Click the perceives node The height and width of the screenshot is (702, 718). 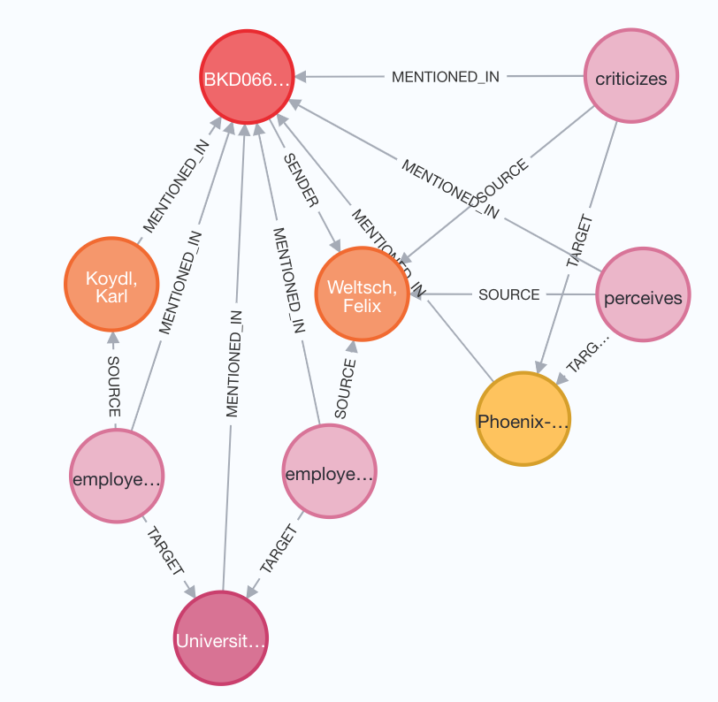click(x=643, y=297)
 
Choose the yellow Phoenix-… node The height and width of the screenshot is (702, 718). click(x=522, y=421)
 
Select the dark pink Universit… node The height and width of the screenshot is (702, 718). click(x=219, y=638)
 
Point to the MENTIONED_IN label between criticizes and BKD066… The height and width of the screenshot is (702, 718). click(x=446, y=77)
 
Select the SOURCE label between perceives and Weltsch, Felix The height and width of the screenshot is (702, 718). click(x=508, y=294)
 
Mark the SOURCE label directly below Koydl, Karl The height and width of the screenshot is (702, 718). click(x=114, y=387)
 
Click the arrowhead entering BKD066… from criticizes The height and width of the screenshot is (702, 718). click(x=302, y=78)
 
